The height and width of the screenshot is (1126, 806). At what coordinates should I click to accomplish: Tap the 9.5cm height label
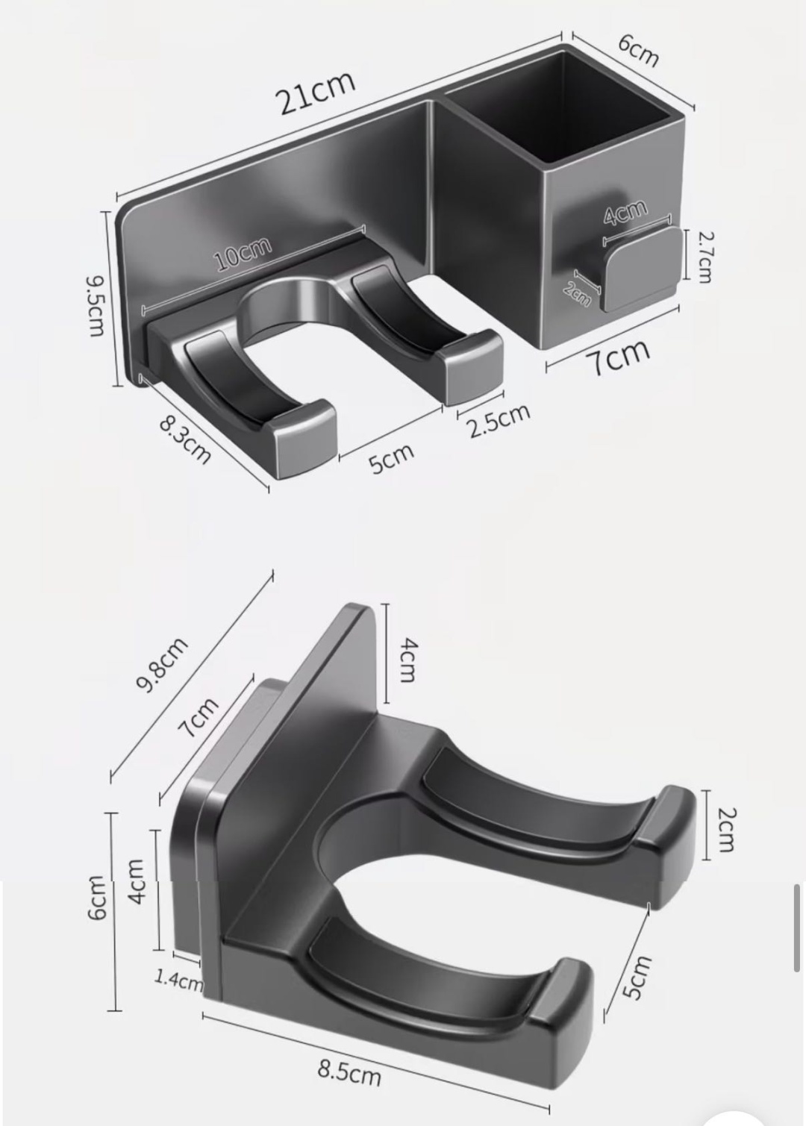pyautogui.click(x=96, y=305)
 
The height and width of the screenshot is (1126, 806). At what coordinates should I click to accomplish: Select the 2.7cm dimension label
pyautogui.click(x=705, y=257)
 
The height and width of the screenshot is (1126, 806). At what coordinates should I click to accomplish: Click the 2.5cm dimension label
pyautogui.click(x=499, y=420)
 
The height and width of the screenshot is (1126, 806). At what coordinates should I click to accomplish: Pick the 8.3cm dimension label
pyautogui.click(x=184, y=440)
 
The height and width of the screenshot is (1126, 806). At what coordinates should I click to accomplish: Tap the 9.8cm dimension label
pyautogui.click(x=162, y=665)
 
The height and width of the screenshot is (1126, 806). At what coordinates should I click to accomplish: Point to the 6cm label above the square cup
pyautogui.click(x=638, y=50)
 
